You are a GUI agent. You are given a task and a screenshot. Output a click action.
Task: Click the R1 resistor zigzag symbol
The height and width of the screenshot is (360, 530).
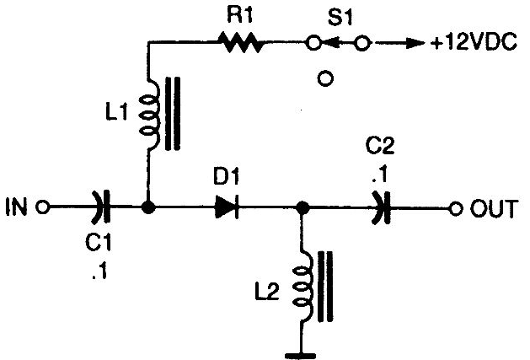point(240,42)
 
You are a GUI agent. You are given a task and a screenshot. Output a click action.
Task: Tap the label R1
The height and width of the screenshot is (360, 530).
point(239,15)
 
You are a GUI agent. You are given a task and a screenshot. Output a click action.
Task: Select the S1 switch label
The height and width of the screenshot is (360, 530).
point(340,18)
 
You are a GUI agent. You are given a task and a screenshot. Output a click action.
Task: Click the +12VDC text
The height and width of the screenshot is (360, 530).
point(474,43)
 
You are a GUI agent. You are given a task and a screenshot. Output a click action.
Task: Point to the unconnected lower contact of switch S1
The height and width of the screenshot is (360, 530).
point(325,78)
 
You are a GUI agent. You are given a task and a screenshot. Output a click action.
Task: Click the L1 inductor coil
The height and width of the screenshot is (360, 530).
point(149,113)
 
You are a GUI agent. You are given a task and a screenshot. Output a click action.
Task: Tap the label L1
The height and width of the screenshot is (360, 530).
point(117,112)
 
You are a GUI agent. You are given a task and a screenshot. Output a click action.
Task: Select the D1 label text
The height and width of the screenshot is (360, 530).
point(226,176)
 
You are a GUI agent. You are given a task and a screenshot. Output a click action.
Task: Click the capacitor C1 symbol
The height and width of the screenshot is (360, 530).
point(102,207)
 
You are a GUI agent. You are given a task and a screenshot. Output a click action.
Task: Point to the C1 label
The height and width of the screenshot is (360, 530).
point(99,242)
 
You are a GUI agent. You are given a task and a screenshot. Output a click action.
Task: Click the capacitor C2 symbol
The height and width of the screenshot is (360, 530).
point(382,208)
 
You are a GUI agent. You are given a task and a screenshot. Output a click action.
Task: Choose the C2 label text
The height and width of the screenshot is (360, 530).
point(380,146)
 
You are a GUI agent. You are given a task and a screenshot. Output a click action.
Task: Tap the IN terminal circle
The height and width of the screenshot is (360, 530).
point(43,207)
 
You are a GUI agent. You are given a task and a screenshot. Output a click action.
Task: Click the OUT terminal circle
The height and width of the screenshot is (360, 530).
point(455,209)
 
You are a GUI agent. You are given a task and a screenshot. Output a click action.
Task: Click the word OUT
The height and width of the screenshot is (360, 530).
point(494,209)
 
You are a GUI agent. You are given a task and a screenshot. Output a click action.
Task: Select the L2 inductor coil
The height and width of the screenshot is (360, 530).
point(302,286)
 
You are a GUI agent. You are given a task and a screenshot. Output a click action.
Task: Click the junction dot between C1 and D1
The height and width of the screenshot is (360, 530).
point(148,207)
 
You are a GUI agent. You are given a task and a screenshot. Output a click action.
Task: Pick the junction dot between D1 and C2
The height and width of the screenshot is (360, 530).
point(302,207)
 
